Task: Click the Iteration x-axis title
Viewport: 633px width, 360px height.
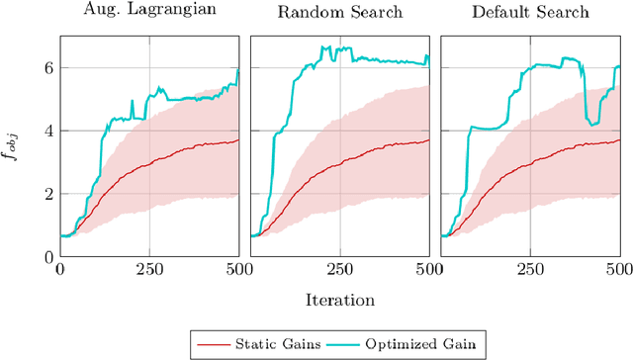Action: coord(339,297)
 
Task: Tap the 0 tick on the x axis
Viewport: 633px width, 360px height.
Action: coord(59,269)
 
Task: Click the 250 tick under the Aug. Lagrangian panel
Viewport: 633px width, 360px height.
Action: coord(149,269)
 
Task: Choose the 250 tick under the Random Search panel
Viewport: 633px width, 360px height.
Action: coord(339,269)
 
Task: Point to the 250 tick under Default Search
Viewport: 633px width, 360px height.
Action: coord(529,269)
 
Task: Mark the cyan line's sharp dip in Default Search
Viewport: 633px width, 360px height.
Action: coord(592,124)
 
